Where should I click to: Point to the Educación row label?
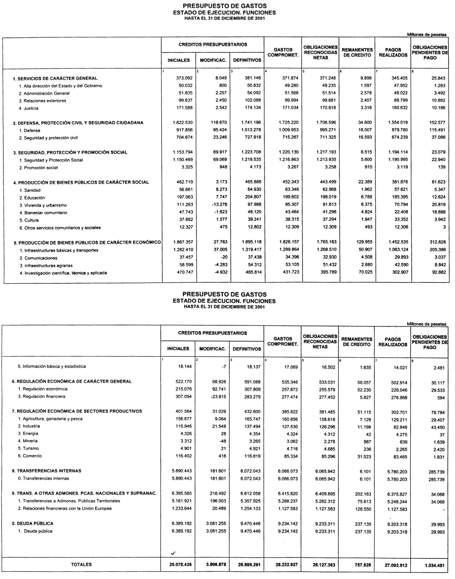34,198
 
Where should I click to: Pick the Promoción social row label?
41,168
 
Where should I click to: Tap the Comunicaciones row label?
41,258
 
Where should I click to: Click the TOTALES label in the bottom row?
81,564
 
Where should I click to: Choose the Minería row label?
28,441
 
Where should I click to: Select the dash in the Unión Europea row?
444,509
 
